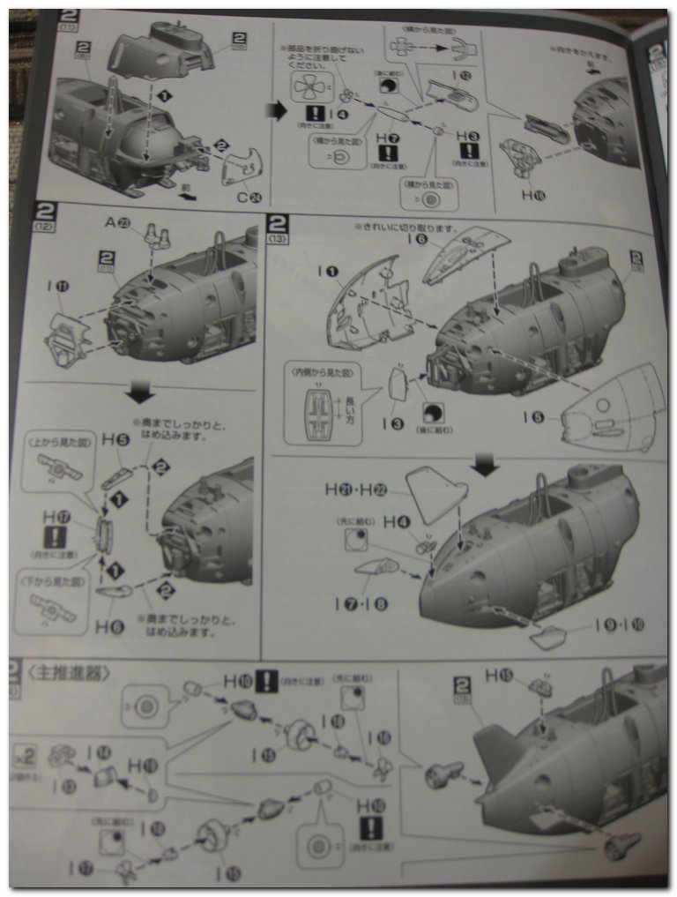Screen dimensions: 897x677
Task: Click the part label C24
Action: pos(245,197)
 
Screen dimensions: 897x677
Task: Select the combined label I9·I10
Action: pos(619,624)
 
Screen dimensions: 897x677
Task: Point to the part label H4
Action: pos(397,522)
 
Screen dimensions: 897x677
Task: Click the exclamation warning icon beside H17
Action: pos(55,538)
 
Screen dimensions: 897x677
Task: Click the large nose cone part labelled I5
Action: pos(617,410)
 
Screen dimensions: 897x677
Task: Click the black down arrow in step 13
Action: pos(484,464)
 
